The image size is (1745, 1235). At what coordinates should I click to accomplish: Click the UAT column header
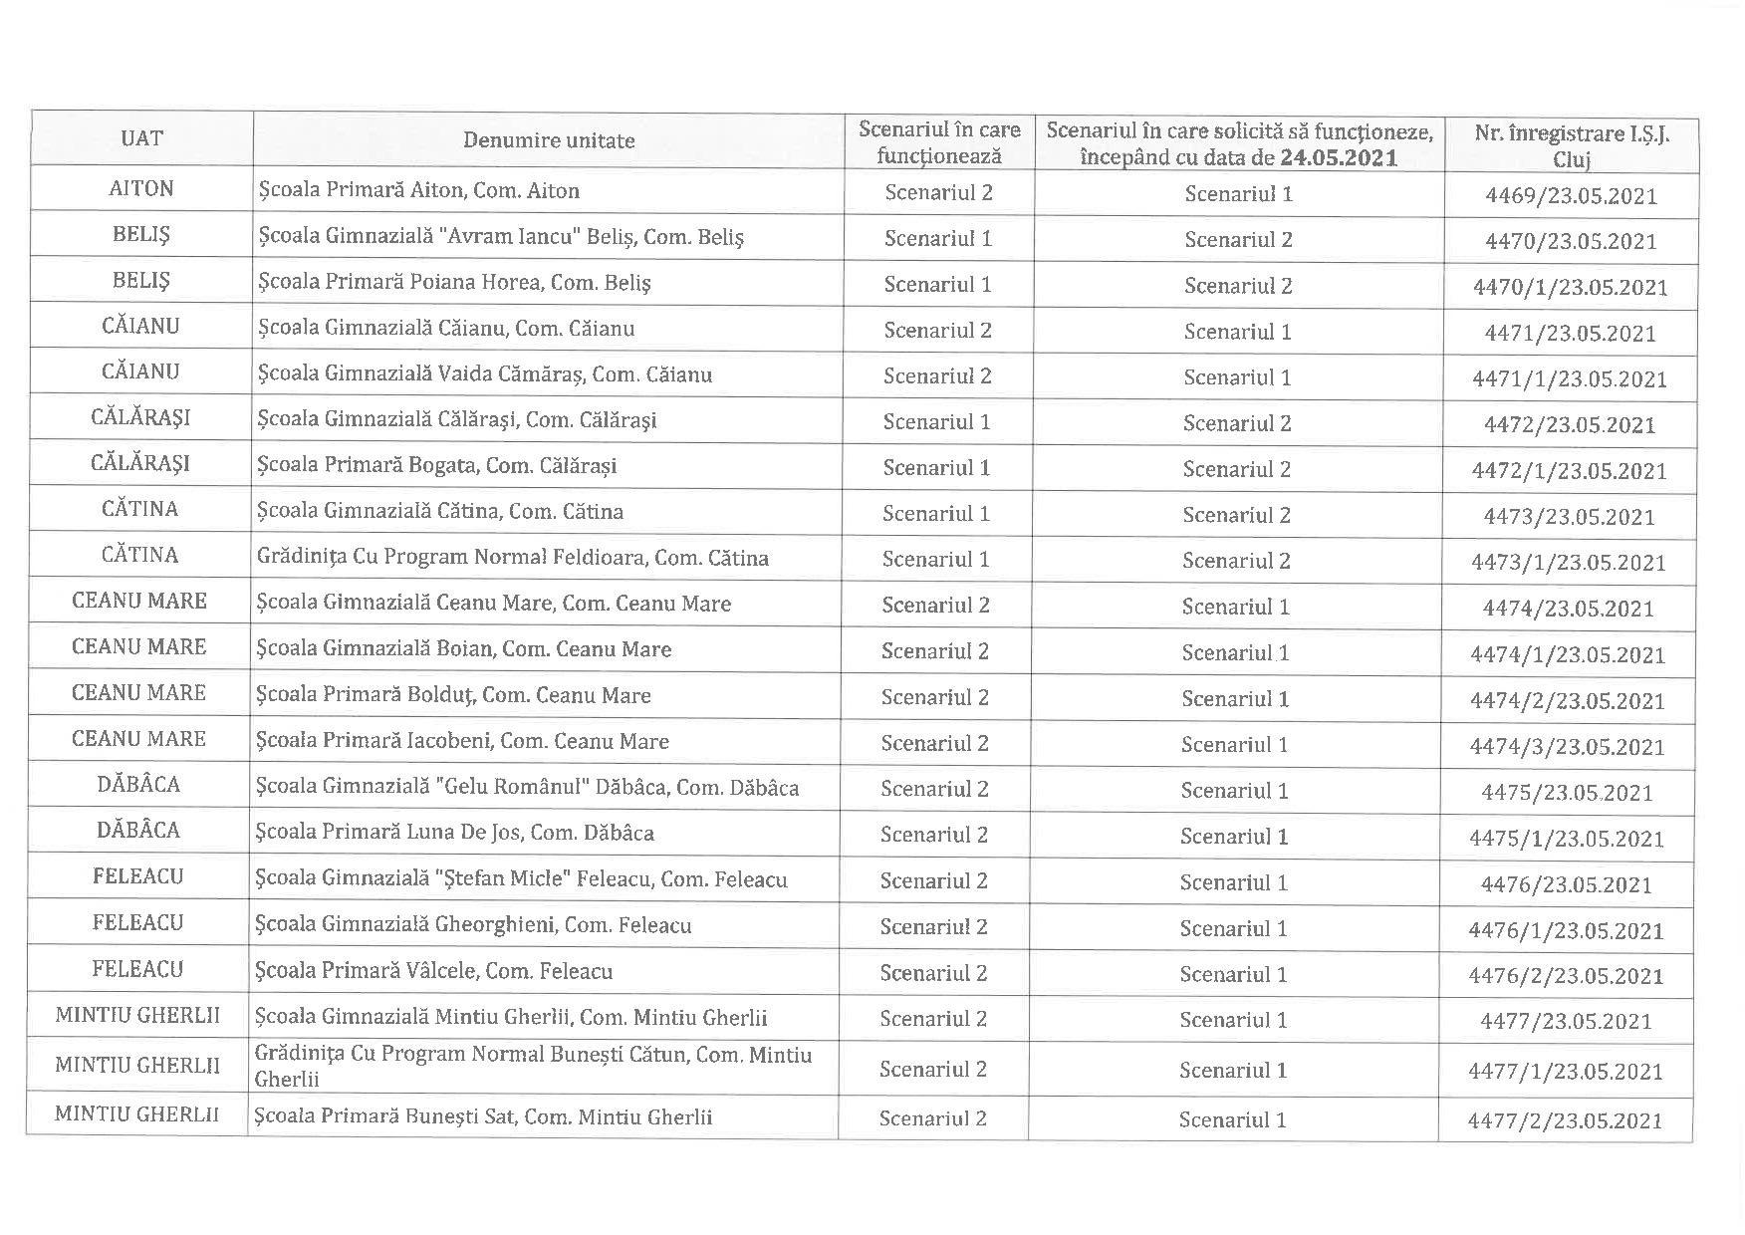coord(141,138)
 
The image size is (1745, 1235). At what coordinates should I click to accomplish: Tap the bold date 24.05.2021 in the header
coord(1338,157)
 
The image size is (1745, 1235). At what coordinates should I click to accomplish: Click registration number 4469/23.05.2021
coord(1571,195)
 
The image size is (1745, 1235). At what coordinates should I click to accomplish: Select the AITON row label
coord(141,189)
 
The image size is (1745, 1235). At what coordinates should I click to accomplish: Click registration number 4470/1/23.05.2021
coord(1570,288)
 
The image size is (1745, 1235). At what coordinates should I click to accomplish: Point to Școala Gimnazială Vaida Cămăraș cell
coord(484,374)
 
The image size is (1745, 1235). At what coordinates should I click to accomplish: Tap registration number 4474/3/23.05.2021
coord(1567,747)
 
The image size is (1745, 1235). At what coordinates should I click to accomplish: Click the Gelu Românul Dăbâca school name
coord(527,787)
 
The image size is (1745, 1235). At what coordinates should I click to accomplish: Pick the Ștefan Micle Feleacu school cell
coord(521,879)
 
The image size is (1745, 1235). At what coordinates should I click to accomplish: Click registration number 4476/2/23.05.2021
coord(1566,976)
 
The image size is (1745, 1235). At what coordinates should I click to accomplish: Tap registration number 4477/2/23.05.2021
coord(1565,1120)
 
